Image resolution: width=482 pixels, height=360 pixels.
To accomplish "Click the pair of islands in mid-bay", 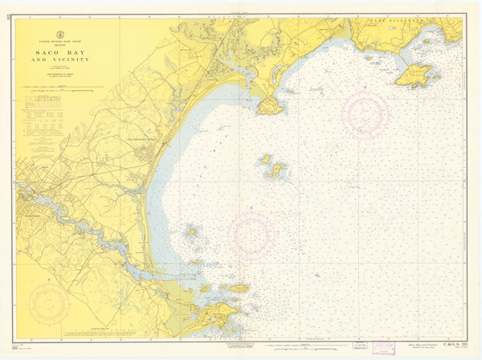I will pyautogui.click(x=274, y=167).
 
